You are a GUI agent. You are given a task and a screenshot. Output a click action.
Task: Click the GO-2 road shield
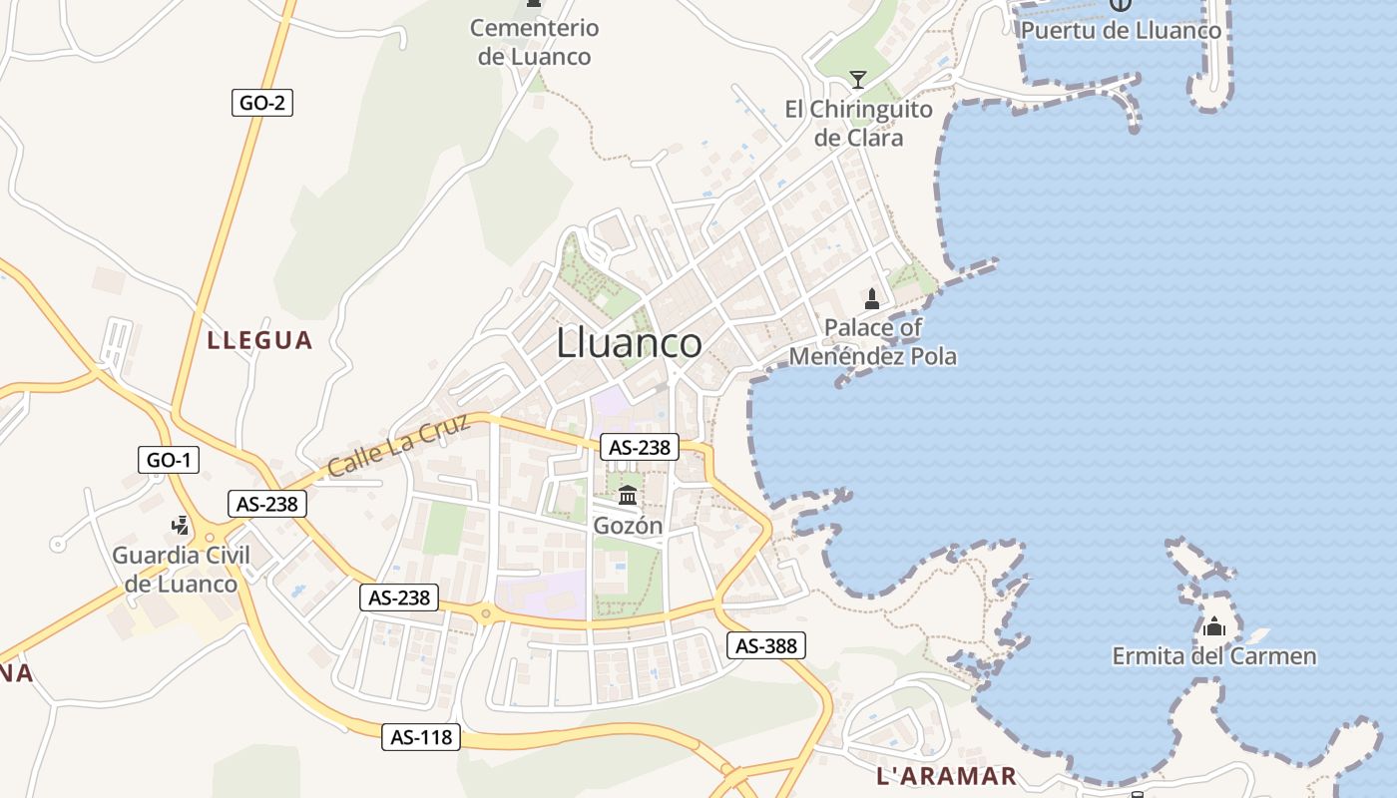pyautogui.click(x=262, y=102)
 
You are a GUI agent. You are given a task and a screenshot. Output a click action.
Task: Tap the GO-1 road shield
pyautogui.click(x=169, y=460)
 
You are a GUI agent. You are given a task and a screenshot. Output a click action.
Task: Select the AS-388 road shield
pyautogui.click(x=766, y=645)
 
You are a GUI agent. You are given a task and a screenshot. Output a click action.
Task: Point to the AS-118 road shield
pyautogui.click(x=422, y=737)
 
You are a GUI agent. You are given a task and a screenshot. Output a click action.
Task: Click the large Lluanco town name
pyautogui.click(x=629, y=343)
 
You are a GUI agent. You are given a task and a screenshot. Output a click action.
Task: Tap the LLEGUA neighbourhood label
pyautogui.click(x=259, y=340)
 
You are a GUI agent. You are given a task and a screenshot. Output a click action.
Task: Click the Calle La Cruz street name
pyautogui.click(x=398, y=445)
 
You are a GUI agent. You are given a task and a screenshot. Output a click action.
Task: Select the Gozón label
pyautogui.click(x=628, y=525)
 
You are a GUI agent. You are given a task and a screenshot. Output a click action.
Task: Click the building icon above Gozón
pyautogui.click(x=628, y=495)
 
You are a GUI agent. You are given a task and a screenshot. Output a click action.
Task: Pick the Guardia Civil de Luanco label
pyautogui.click(x=181, y=570)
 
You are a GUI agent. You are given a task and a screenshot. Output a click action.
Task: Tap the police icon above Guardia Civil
pyautogui.click(x=181, y=525)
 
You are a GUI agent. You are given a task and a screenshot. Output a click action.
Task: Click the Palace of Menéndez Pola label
pyautogui.click(x=873, y=341)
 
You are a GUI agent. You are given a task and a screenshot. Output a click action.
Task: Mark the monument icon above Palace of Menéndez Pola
pyautogui.click(x=872, y=298)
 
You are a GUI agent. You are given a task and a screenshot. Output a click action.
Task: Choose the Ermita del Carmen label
pyautogui.click(x=1214, y=656)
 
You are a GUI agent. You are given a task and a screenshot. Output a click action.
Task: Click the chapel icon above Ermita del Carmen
pyautogui.click(x=1214, y=627)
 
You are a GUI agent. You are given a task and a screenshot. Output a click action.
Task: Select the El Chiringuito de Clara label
pyautogui.click(x=858, y=124)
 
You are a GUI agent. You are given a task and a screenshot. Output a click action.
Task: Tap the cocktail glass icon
pyautogui.click(x=857, y=80)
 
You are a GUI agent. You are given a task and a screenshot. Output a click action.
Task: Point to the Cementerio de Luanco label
pyautogui.click(x=535, y=42)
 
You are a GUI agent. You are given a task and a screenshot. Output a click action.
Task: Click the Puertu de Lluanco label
pyautogui.click(x=1121, y=31)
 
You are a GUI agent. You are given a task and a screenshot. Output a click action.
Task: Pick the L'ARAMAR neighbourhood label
pyautogui.click(x=946, y=775)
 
